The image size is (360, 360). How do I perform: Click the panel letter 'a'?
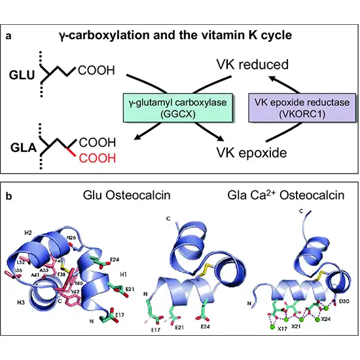tap(8, 37)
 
